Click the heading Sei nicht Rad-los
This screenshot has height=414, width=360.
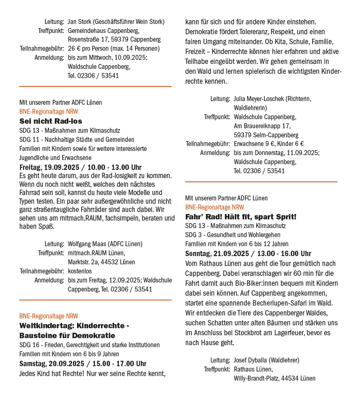click(x=51, y=121)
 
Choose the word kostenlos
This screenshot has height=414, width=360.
click(x=80, y=271)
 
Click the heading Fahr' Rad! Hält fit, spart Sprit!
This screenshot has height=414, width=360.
click(x=241, y=217)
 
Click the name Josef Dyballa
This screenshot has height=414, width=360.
click(x=251, y=360)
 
